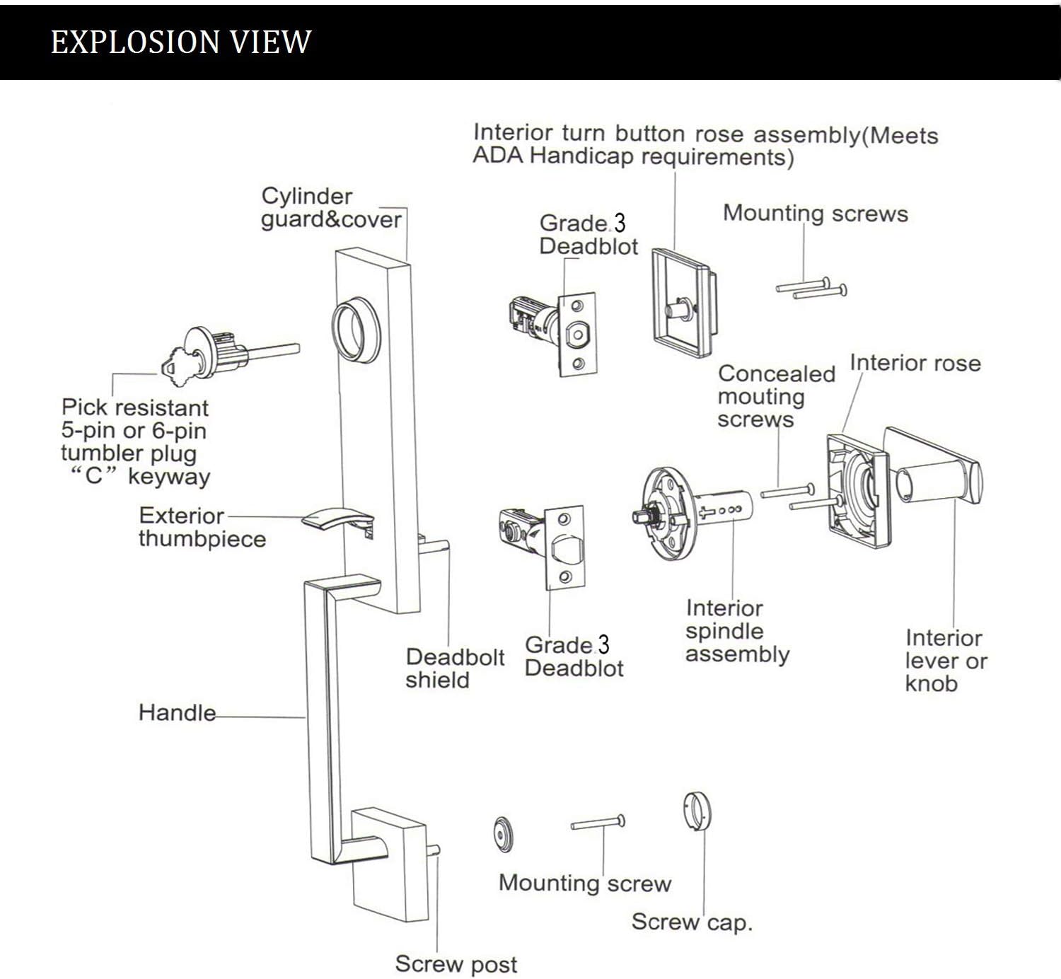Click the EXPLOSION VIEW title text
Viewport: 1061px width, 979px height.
tap(181, 42)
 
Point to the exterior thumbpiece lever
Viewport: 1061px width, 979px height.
tap(332, 519)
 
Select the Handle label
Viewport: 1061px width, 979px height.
tap(177, 712)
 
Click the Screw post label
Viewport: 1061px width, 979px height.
tap(456, 963)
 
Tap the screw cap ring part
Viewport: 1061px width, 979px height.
tap(697, 811)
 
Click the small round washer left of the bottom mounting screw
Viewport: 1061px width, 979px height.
tap(503, 834)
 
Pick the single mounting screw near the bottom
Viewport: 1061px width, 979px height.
tap(598, 823)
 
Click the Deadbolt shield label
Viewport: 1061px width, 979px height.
tap(455, 668)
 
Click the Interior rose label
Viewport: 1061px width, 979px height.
tap(915, 363)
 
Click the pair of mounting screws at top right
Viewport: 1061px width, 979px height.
tap(812, 288)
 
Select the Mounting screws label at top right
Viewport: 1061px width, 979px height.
tap(815, 214)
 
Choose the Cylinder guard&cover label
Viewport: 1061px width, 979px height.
tap(331, 208)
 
